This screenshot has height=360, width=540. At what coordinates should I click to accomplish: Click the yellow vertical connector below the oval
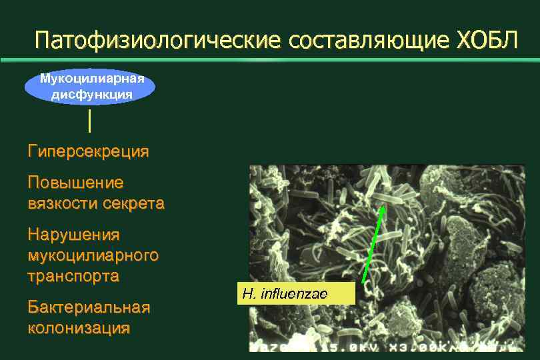tap(89, 121)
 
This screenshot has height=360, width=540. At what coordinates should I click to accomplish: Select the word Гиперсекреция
tap(88, 152)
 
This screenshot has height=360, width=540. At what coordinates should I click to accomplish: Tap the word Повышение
tap(75, 182)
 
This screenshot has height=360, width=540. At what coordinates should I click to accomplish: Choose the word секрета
tap(133, 203)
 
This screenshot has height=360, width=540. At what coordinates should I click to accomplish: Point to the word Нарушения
tap(73, 235)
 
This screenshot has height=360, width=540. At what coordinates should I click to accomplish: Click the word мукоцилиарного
tap(93, 255)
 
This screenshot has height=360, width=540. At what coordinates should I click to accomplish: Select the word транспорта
tap(73, 275)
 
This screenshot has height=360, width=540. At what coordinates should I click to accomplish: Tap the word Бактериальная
tap(89, 307)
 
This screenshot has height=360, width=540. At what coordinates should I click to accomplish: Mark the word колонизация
tap(79, 328)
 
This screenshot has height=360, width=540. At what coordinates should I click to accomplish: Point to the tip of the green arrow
tap(383, 207)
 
